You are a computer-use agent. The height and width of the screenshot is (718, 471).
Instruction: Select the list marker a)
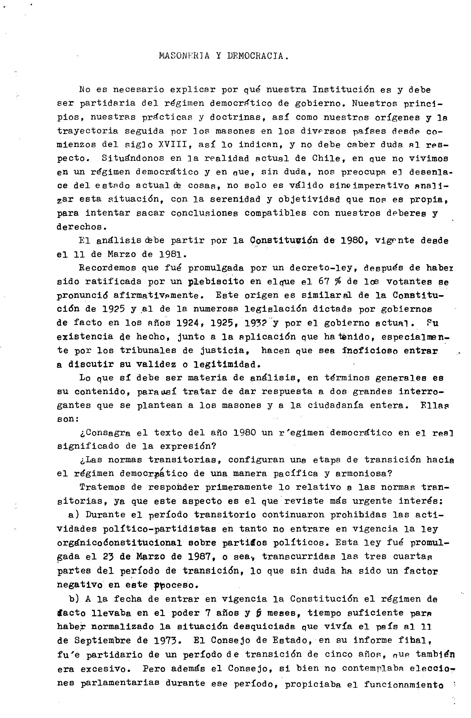pos(74,514)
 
